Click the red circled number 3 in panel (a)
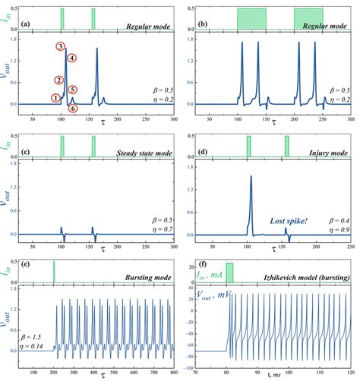(x=60, y=47)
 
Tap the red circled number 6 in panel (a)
(x=72, y=109)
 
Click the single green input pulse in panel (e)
(x=54, y=270)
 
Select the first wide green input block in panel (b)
(x=251, y=17)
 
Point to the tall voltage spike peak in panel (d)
(x=251, y=176)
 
